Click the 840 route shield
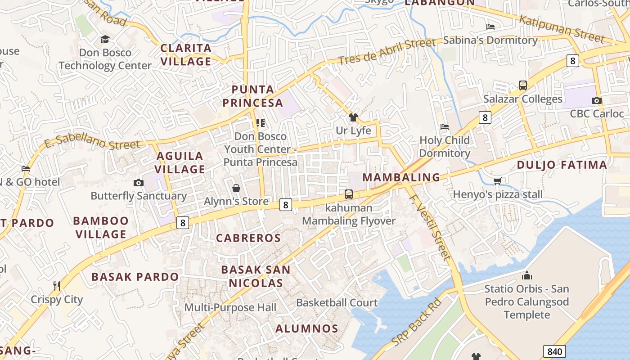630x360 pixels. tap(554, 351)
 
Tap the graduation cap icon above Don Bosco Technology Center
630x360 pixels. tap(105, 40)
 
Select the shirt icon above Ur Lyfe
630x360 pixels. tap(353, 118)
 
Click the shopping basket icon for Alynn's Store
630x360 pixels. tap(236, 188)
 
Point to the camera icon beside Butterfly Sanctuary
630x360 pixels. tap(138, 183)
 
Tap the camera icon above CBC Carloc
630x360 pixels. tap(597, 100)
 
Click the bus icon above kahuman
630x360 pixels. tap(349, 194)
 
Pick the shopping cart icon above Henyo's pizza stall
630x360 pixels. tap(497, 181)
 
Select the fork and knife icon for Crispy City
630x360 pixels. tap(57, 286)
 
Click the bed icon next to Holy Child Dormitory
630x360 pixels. tap(445, 127)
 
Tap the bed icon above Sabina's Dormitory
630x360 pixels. tap(490, 27)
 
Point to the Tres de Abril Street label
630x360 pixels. tap(387, 52)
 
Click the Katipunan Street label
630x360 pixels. tap(561, 28)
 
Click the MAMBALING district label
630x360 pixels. tap(401, 177)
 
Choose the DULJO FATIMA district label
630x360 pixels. tap(562, 165)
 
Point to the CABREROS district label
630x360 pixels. tap(248, 238)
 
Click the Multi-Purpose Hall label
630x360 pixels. tap(230, 308)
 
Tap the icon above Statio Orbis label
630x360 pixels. tap(526, 275)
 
